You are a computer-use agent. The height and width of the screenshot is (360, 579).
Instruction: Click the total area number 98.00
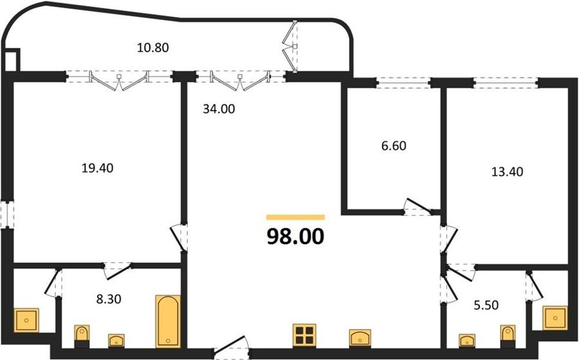[295, 237]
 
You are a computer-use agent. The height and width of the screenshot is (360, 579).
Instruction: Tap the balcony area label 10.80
[153, 48]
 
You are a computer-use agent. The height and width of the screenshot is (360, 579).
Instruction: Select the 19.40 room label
[98, 168]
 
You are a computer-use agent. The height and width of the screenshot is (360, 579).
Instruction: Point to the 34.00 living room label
[219, 109]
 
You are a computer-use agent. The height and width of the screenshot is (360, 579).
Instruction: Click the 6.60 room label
[394, 146]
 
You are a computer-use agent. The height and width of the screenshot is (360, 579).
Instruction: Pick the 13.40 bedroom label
[508, 172]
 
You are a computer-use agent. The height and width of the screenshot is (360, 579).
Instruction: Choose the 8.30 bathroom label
[109, 299]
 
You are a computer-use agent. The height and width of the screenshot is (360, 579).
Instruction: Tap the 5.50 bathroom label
[486, 305]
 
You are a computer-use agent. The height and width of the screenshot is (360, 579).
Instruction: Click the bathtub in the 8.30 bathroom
[168, 321]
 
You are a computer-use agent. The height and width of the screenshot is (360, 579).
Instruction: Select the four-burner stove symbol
[304, 336]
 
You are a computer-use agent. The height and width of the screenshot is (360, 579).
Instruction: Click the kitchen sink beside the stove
[360, 338]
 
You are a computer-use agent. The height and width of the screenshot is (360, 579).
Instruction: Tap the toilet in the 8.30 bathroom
[82, 336]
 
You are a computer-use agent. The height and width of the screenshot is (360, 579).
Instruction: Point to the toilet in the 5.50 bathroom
[508, 336]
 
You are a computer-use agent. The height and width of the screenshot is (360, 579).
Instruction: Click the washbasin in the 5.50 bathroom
[467, 341]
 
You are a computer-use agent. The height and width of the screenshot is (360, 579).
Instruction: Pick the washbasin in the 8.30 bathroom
[116, 341]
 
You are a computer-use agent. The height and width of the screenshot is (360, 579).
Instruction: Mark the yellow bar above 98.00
[295, 217]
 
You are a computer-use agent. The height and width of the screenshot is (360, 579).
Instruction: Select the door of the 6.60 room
[418, 206]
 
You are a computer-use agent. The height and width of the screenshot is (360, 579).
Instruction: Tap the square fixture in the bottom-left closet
[26, 320]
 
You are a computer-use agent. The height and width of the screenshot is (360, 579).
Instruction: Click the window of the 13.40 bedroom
[505, 83]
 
